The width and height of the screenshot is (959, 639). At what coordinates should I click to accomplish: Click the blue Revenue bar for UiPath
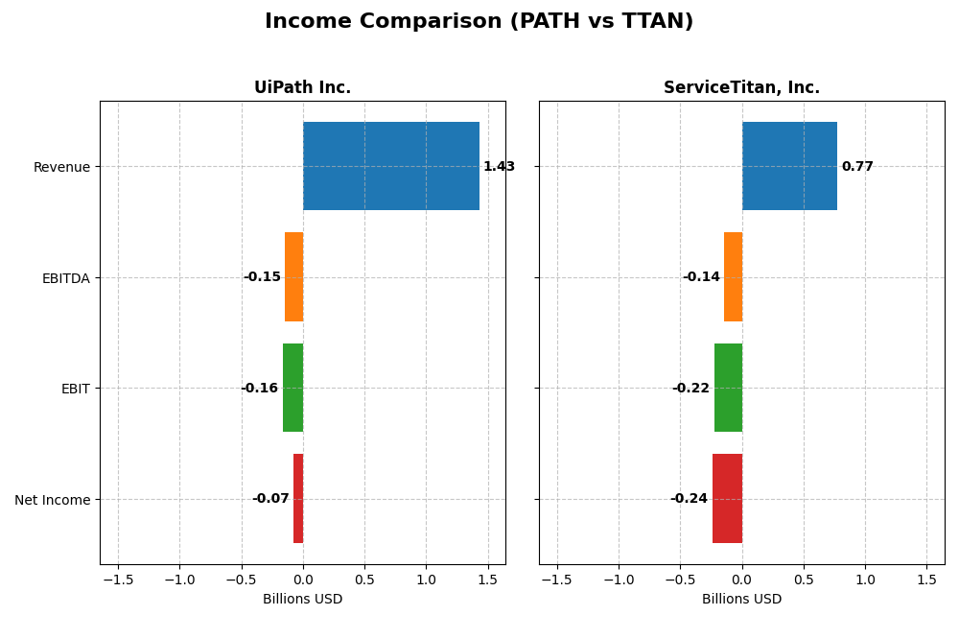tap(391, 166)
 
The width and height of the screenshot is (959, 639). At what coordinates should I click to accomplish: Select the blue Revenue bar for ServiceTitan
tap(789, 166)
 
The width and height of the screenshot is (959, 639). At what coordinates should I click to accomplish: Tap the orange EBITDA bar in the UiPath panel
tap(293, 277)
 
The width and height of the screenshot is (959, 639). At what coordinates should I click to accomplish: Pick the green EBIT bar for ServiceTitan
tap(728, 388)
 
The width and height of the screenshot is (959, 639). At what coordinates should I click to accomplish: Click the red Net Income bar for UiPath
tap(298, 499)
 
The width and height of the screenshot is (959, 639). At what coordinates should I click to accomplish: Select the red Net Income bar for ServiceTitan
tap(727, 499)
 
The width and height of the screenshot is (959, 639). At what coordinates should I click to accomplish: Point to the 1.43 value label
tap(499, 167)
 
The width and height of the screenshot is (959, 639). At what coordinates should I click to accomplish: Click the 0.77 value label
tap(857, 167)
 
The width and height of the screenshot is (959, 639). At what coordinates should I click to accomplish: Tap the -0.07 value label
tap(270, 499)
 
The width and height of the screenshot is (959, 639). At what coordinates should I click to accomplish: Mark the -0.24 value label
tap(689, 499)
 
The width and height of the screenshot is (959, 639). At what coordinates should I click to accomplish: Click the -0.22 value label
tap(690, 389)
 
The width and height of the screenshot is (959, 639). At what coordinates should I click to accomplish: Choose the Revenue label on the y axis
tap(61, 167)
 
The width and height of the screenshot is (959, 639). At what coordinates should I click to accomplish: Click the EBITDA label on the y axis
tap(65, 278)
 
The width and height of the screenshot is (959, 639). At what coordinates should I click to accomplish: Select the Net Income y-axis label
tap(52, 500)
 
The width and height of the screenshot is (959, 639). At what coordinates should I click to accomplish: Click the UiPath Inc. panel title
tap(302, 88)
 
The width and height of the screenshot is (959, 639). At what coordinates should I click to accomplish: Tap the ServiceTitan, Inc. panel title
tap(741, 88)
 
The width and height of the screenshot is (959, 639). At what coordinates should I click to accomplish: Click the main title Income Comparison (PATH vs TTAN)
tap(479, 22)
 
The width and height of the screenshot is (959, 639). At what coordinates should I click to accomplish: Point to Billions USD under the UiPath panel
tap(302, 600)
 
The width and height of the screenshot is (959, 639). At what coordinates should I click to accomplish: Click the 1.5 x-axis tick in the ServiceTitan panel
tap(926, 580)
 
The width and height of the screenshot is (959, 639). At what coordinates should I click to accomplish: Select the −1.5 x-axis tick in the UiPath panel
tap(118, 580)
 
